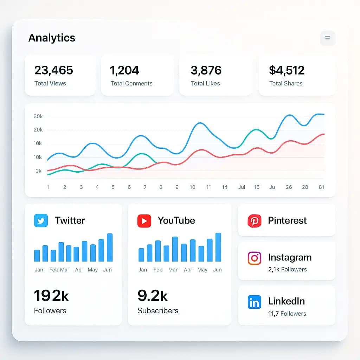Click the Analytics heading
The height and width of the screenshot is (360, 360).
point(52,38)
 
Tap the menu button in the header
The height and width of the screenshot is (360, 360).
point(328,38)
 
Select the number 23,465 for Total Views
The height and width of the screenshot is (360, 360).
point(54,70)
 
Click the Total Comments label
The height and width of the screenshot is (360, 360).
point(131,83)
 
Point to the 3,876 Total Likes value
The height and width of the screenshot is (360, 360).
point(206,70)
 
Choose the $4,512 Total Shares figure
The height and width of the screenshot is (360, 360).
point(287,70)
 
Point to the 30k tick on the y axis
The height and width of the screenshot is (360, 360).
point(38,116)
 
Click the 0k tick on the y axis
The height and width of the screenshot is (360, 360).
point(38,171)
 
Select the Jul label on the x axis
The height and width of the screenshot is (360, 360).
point(242,187)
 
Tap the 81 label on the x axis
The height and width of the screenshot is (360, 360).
point(321,187)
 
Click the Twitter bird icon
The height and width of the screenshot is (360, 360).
point(41,221)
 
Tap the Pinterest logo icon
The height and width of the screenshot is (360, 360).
point(254,221)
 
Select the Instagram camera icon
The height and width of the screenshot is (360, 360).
point(254,258)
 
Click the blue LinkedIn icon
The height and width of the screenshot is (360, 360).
point(254,302)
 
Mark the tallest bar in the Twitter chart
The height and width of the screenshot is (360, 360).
point(110,247)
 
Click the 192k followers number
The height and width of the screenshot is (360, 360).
point(51,296)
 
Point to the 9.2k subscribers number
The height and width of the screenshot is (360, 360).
point(153,296)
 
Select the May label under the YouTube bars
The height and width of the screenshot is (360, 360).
point(202,270)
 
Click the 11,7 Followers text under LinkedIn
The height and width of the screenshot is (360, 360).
point(287,314)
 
